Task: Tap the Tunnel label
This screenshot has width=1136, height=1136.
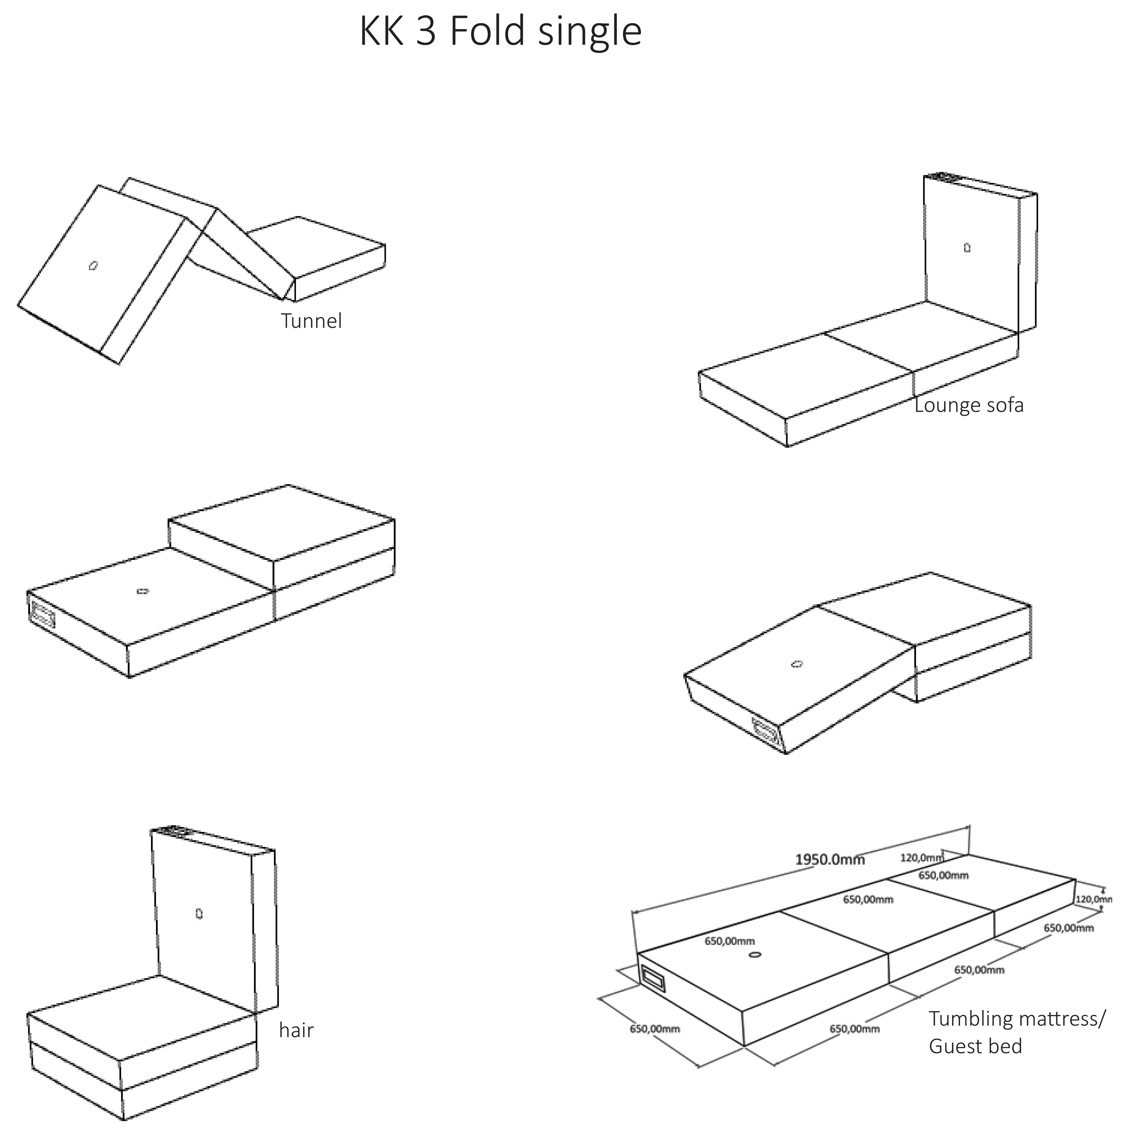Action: (311, 321)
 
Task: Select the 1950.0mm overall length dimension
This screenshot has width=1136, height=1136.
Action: (830, 860)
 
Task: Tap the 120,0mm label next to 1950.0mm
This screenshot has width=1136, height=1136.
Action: (921, 858)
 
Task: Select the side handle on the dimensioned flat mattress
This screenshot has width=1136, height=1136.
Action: (653, 979)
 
